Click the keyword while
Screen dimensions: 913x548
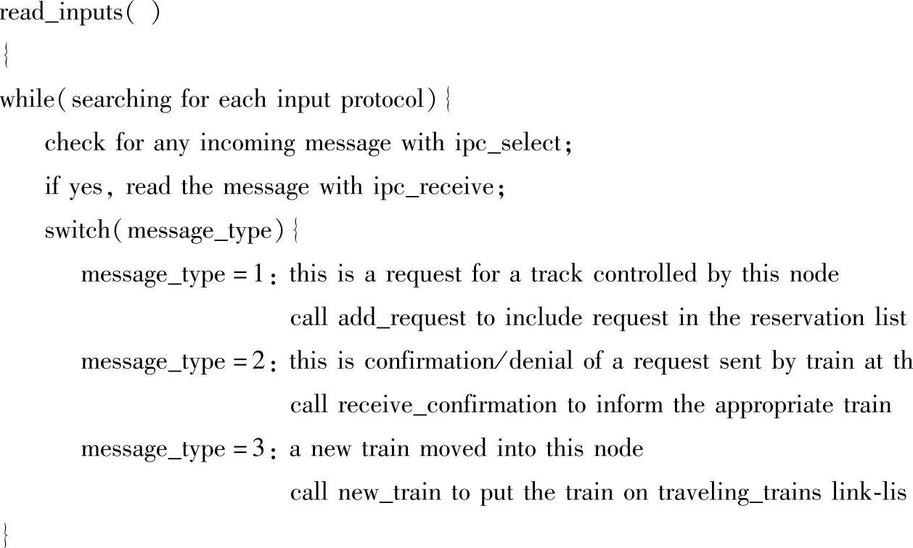32,99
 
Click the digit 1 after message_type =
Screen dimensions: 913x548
269,274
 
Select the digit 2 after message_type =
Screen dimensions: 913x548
269,361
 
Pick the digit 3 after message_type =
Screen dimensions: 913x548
269,449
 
